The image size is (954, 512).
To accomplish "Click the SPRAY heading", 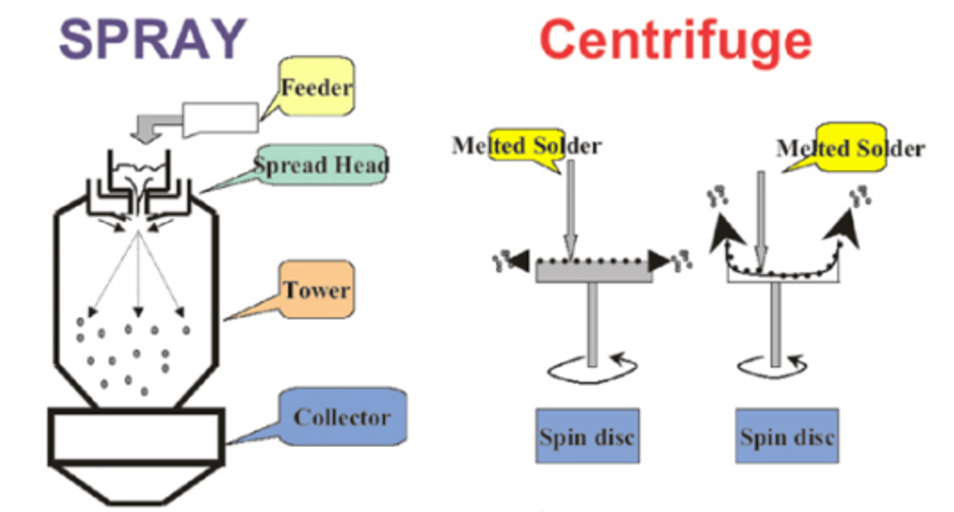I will pos(152,38).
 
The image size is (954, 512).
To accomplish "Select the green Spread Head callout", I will pos(322,166).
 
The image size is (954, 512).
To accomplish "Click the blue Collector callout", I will pos(342,417).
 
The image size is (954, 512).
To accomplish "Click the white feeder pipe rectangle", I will pos(220,118).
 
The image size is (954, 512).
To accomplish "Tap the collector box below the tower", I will pos(135,435).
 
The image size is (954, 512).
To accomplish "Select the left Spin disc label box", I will pos(587,436).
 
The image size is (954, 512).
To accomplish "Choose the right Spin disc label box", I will pos(787,436).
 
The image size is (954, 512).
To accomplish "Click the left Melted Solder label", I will pos(526,145).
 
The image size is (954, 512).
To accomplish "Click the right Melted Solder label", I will pos(850,148).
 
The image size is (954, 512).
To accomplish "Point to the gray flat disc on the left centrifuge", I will pos(594,273).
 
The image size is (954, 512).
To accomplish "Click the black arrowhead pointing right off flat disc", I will pos(660,261).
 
